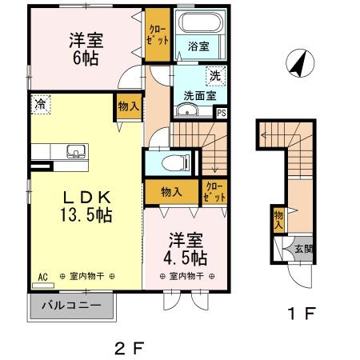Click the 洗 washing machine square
click(215, 77)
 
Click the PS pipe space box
click(221, 113)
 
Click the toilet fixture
click(170, 162)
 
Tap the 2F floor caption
click(127, 348)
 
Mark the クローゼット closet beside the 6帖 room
click(157, 36)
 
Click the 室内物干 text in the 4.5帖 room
click(186, 276)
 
